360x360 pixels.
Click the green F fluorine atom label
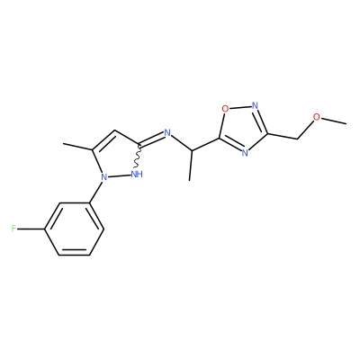point(13,229)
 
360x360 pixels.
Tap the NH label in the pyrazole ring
point(137,175)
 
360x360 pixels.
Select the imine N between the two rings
point(167,133)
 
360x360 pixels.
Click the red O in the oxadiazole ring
point(225,109)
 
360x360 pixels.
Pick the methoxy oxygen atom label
point(317,117)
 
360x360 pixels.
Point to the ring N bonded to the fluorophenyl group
point(103,177)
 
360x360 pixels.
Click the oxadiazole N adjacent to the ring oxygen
point(255,105)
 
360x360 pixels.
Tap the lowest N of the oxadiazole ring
point(245,153)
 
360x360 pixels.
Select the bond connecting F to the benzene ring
point(31,229)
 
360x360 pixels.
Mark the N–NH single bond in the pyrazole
point(120,175)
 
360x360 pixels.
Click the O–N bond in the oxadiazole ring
point(240,107)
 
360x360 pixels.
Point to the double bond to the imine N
point(152,139)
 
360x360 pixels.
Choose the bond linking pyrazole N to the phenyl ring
point(96,192)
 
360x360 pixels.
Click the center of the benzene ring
point(75,229)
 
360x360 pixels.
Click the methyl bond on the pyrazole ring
point(78,147)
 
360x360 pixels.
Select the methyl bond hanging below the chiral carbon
point(190,166)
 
